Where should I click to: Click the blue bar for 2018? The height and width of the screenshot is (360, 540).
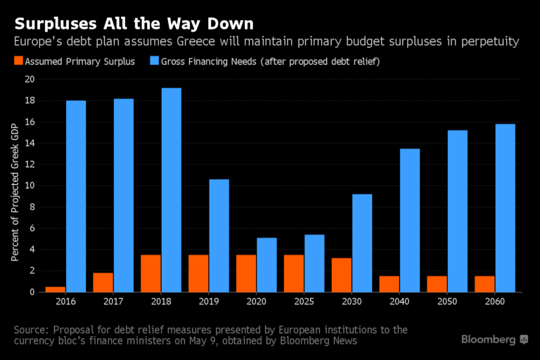click(x=171, y=190)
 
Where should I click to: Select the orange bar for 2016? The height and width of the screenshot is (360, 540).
click(x=56, y=289)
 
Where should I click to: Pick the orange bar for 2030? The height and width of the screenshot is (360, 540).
click(x=342, y=275)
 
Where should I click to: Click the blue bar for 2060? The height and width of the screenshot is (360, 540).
click(x=506, y=207)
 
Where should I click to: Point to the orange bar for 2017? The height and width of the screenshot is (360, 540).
click(x=103, y=282)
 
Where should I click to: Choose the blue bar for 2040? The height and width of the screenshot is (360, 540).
click(x=410, y=220)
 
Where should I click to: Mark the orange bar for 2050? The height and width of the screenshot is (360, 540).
click(x=438, y=283)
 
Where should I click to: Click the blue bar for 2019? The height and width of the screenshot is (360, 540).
click(x=219, y=236)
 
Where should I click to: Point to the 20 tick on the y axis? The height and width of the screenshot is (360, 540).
click(x=30, y=79)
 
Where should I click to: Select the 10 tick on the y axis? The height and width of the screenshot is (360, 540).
click(x=30, y=186)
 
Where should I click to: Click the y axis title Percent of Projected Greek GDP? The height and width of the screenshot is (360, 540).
click(x=15, y=191)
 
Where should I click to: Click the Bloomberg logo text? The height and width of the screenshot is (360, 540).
click(x=489, y=340)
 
